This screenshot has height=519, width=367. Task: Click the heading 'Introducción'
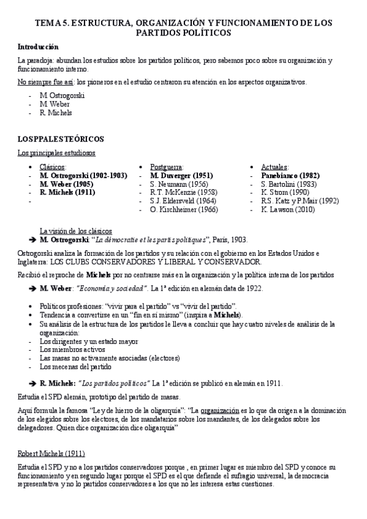pyautogui.click(x=38, y=47)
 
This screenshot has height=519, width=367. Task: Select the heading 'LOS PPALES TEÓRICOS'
pyautogui.click(x=60, y=139)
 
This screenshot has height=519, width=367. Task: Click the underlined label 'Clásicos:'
pyautogui.click(x=53, y=166)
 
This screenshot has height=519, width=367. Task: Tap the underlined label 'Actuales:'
pyautogui.click(x=276, y=166)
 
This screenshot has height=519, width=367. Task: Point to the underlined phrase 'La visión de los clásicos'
pyautogui.click(x=76, y=231)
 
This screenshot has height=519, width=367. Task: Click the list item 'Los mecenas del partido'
pyautogui.click(x=75, y=367)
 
